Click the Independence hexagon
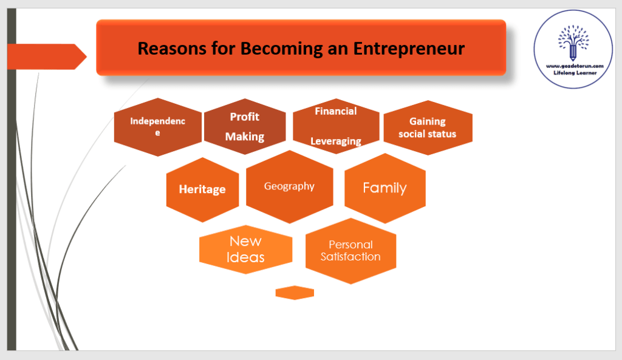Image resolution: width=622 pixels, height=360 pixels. [158, 127]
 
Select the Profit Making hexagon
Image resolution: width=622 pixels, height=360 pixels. [245, 126]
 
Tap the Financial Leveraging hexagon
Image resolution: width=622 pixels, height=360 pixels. [336, 126]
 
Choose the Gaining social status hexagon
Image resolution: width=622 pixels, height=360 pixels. [428, 127]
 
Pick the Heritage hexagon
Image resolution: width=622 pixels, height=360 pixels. [203, 189]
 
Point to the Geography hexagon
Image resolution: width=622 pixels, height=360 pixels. [290, 187]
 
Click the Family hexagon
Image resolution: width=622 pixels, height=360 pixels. [385, 188]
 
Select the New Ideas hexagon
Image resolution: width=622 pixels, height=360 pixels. [246, 250]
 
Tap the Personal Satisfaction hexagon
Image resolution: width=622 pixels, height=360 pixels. [350, 251]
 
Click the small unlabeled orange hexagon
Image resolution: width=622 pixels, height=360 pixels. [295, 293]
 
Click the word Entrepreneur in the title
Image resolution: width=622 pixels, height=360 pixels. [409, 49]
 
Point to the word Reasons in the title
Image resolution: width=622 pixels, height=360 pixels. [172, 49]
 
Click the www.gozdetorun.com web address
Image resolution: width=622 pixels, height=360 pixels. [575, 66]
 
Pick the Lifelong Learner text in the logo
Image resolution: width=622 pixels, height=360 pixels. [575, 73]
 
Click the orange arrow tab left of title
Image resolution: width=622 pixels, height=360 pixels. [47, 56]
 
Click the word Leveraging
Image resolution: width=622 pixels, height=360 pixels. [336, 141]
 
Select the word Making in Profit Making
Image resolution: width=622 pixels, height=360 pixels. [245, 137]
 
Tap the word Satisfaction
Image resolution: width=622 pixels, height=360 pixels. [350, 257]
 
